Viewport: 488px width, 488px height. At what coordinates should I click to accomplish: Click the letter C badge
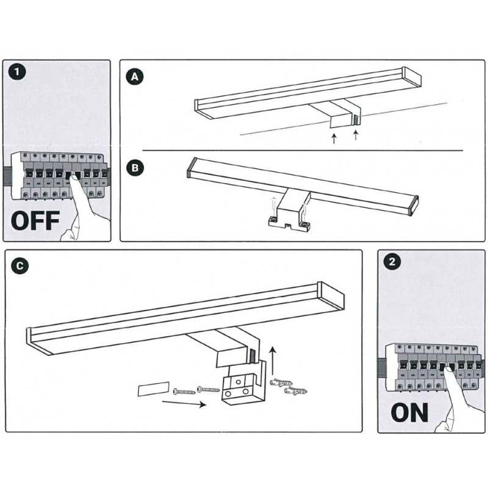(x=20, y=266)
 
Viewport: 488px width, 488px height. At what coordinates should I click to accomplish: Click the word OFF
(x=35, y=220)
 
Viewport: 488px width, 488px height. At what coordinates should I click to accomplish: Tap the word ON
(x=409, y=412)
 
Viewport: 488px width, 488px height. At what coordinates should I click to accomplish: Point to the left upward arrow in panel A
(x=334, y=138)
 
